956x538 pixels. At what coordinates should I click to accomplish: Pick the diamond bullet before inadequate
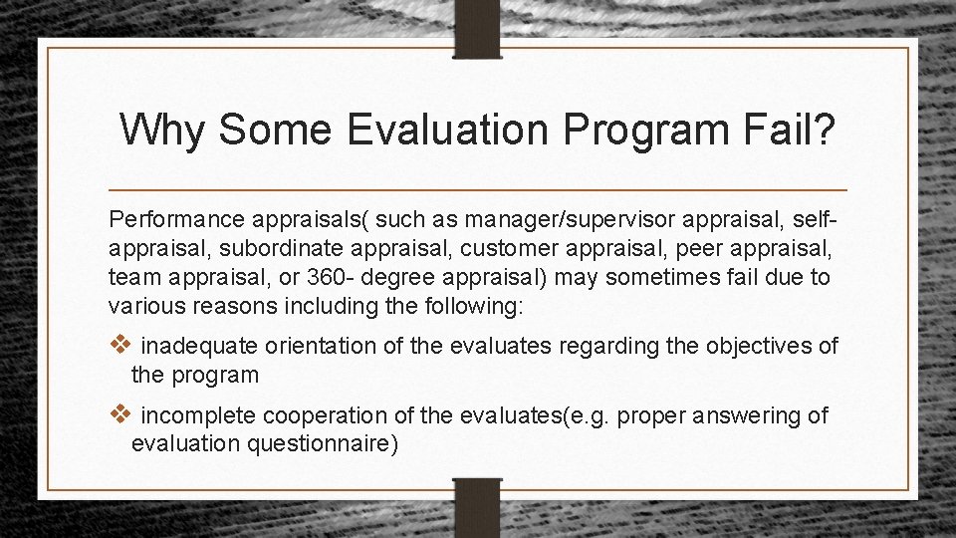[119, 346]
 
